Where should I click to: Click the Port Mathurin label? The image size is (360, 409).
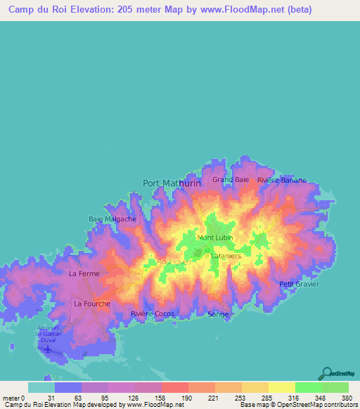click(172, 183)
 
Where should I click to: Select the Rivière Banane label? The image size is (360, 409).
click(281, 180)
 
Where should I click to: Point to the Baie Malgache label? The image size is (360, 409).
click(112, 219)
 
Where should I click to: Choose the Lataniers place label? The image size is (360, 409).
click(226, 257)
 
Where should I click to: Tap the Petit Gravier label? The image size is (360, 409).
click(299, 284)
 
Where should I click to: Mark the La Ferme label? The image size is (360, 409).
click(84, 273)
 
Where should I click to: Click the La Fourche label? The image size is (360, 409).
click(92, 304)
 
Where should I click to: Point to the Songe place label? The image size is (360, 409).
click(219, 314)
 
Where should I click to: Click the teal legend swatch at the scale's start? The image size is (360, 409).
click(41, 387)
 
